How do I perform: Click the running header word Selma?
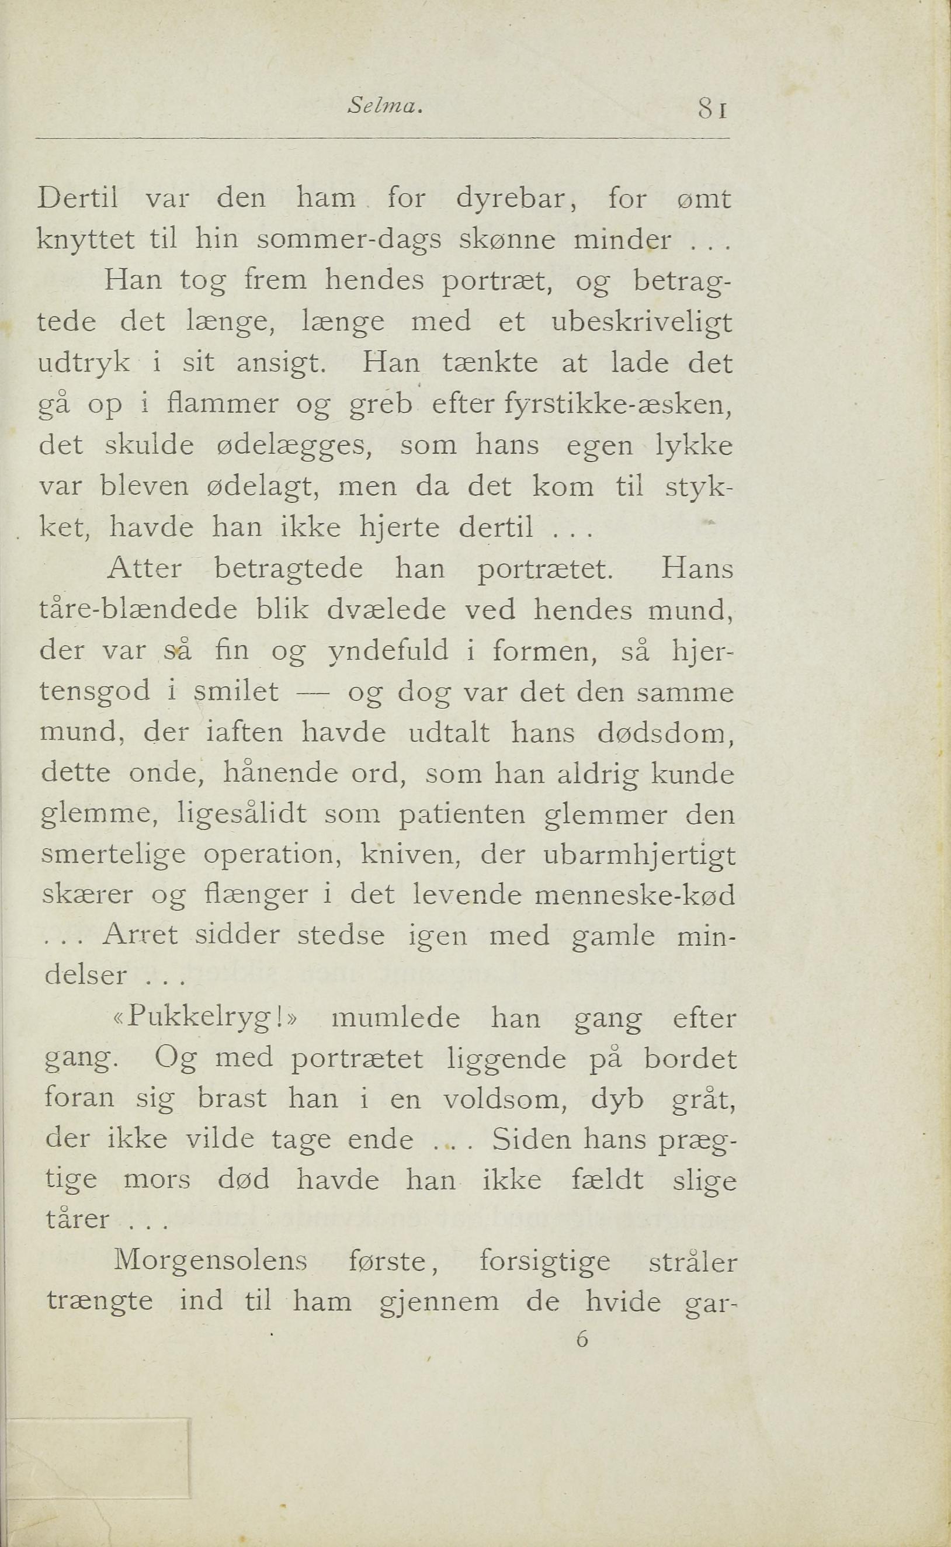383,108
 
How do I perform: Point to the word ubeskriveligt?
641,322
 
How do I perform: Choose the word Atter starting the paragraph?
145,569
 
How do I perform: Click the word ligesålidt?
242,815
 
